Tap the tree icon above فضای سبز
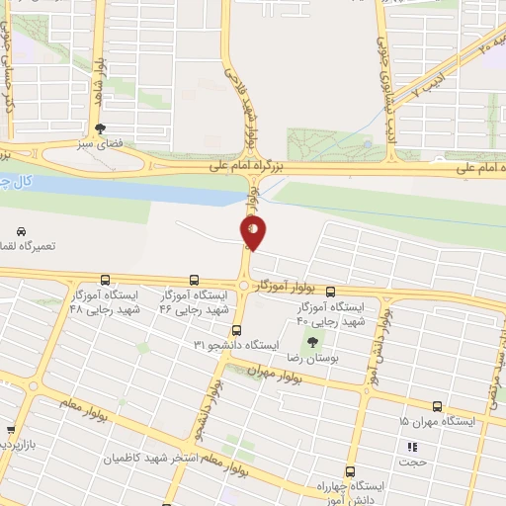coord(100,128)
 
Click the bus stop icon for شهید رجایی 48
coord(105,280)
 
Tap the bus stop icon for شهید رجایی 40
coord(331,292)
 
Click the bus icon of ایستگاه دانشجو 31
coord(236,331)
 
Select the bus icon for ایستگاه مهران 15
coord(437,405)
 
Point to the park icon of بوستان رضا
coord(312,342)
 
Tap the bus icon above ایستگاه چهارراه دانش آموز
coord(350,471)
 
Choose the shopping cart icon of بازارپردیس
coord(11,431)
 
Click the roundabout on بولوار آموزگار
coord(243,287)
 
